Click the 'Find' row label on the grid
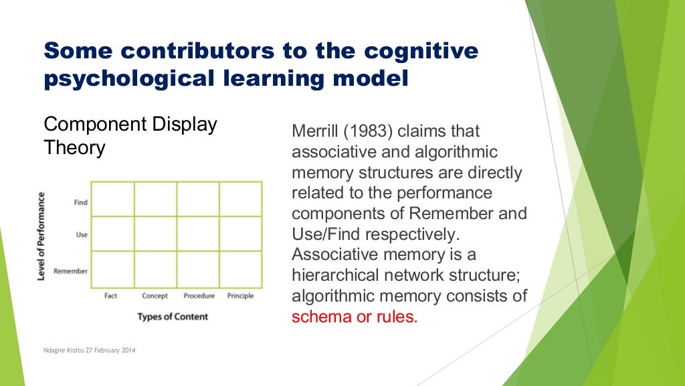click(x=81, y=202)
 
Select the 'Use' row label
click(x=82, y=235)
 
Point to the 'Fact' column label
click(x=110, y=296)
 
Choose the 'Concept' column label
click(x=155, y=296)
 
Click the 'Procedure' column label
click(x=199, y=296)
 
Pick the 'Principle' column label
click(x=240, y=296)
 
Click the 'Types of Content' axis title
click(x=173, y=316)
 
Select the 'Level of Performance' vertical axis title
click(x=41, y=236)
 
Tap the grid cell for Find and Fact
click(x=112, y=199)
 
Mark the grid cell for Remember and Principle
click(x=240, y=269)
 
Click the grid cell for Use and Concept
click(x=155, y=233)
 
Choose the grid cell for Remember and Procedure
click(x=198, y=269)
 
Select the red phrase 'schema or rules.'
click(x=355, y=316)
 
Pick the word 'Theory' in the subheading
click(x=74, y=147)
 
